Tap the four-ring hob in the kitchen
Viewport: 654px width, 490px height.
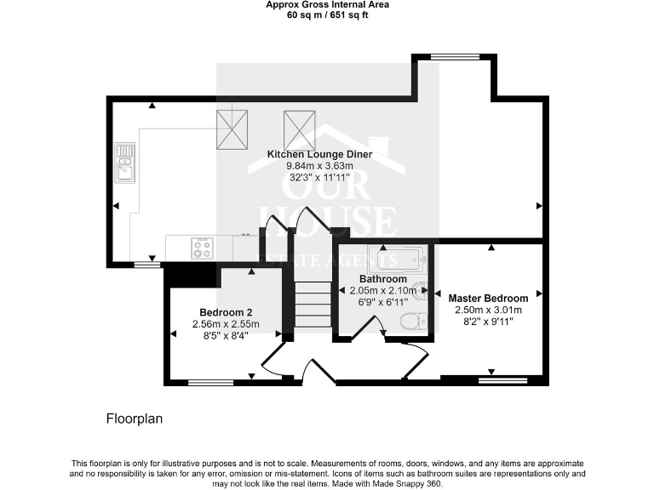[x=203, y=248]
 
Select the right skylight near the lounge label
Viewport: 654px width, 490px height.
[x=298, y=128]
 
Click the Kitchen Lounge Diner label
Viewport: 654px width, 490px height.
[x=307, y=154]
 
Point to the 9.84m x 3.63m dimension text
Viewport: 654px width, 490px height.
[x=307, y=166]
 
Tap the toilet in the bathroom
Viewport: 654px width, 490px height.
[x=412, y=322]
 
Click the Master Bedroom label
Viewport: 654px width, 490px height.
[x=488, y=299]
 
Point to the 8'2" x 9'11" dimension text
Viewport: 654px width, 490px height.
[x=488, y=322]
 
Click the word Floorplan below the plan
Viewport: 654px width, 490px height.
[x=134, y=419]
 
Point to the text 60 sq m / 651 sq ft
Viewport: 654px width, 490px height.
[x=326, y=14]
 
